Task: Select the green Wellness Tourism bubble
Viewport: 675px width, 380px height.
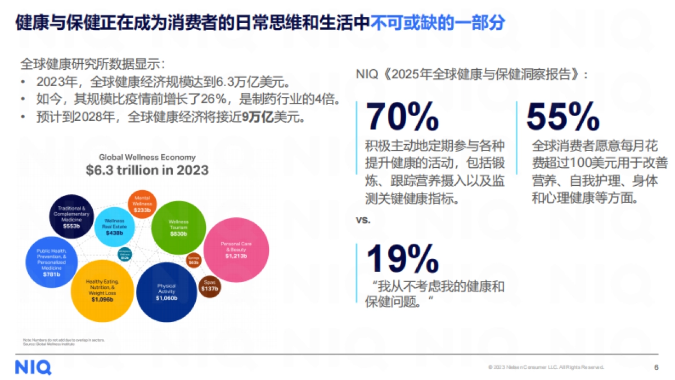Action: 178,226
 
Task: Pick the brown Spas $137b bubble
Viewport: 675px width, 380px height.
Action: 209,285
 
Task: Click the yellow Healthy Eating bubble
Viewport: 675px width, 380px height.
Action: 102,290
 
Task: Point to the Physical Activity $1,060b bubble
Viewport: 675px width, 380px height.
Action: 166,292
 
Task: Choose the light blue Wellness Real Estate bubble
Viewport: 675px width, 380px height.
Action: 114,226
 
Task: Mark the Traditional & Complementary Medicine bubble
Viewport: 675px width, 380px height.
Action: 71,216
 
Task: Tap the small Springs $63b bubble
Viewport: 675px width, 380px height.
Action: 193,260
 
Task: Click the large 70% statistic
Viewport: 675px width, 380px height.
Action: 402,117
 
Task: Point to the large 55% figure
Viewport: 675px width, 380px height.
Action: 563,117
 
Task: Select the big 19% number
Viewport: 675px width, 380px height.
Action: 402,259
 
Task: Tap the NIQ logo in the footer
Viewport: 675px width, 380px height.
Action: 33,368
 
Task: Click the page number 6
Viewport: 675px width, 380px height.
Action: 656,368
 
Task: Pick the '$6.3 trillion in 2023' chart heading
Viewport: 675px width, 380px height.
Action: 147,170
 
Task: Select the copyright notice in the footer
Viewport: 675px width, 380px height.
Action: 546,368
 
